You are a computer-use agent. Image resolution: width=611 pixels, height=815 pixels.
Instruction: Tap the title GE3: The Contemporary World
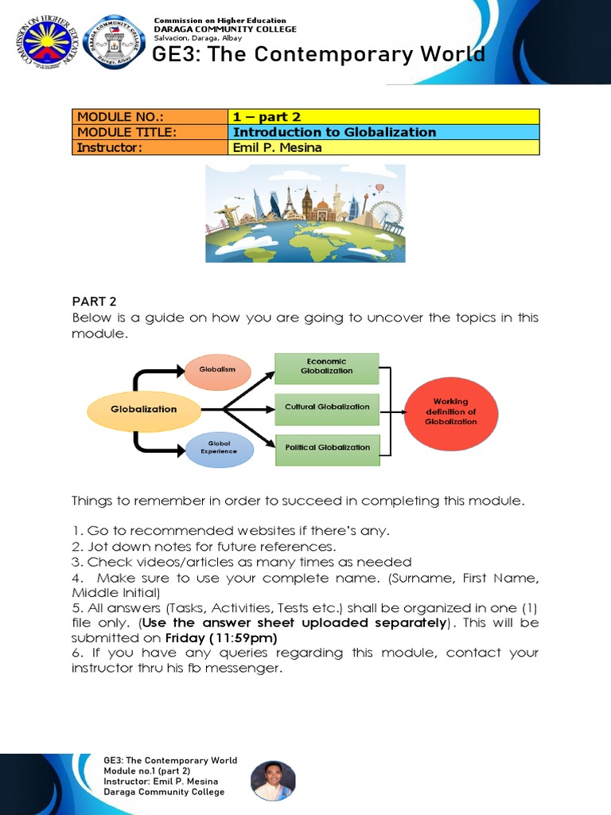coord(318,55)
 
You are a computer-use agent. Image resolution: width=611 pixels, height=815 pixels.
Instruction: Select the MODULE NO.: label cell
coord(150,117)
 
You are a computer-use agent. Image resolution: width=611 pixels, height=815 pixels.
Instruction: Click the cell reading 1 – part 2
coord(383,117)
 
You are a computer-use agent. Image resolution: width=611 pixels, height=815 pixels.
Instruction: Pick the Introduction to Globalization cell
coord(383,132)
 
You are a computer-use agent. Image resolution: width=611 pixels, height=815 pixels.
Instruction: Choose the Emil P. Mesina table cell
coord(383,147)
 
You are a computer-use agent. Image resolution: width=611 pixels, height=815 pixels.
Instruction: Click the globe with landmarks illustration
coord(305,213)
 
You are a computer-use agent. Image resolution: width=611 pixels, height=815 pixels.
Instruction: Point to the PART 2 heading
coord(94,301)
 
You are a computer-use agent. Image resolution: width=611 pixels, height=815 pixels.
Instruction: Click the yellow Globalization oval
coord(144,410)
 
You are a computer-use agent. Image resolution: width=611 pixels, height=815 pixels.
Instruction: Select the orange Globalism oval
coord(217,370)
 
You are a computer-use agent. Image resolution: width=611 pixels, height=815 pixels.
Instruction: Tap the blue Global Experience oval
coord(219,447)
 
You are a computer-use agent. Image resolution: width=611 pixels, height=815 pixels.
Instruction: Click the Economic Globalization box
coord(327,366)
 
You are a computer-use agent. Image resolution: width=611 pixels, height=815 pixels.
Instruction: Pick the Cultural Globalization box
coord(327,407)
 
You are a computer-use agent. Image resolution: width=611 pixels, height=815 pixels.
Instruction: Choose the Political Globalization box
coord(327,448)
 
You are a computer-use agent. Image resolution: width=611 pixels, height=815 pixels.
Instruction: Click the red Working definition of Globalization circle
coord(451,412)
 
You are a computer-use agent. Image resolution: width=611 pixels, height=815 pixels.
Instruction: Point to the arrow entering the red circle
coord(395,412)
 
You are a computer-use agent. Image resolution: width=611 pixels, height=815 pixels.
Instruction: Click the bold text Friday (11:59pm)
coord(221,638)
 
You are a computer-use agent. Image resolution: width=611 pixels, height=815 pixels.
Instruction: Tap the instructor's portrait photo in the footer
coord(273,780)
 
